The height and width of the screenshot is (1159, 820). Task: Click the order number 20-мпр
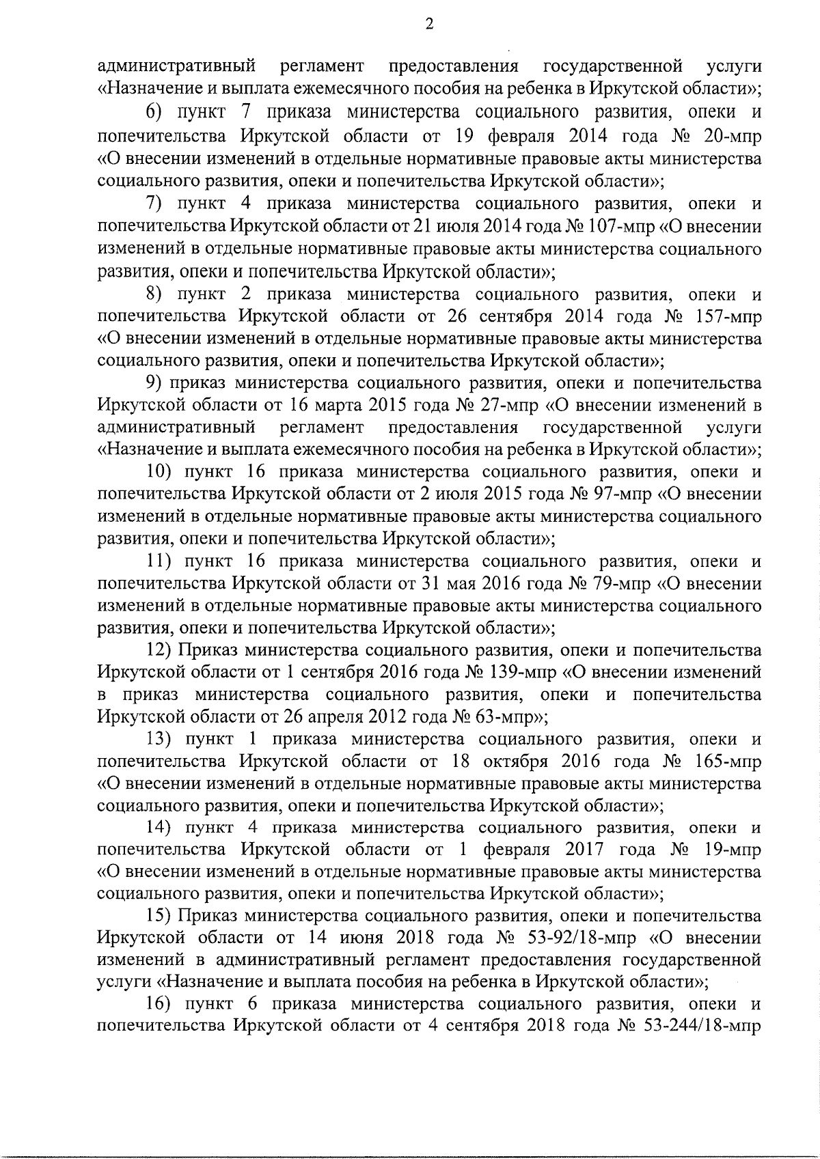[733, 136]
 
